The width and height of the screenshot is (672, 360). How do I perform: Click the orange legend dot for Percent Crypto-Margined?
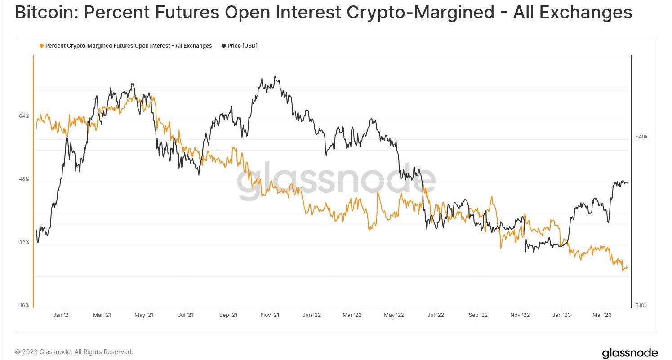pos(42,46)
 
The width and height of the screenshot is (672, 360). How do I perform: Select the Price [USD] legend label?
pos(242,46)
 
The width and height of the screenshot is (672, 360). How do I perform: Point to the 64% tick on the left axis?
pos(24,116)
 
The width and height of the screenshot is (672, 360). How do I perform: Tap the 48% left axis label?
pos(24,179)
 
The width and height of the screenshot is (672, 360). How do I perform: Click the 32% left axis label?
pos(24,242)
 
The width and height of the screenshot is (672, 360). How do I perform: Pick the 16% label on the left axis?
pos(24,306)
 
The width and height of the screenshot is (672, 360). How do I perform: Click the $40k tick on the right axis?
pos(641,137)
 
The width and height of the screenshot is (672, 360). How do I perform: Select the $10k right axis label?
pos(641,306)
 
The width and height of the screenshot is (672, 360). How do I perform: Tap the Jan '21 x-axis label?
pos(62,315)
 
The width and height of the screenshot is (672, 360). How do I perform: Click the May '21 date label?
pos(144,315)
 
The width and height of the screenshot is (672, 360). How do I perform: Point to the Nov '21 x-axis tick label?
pos(270,315)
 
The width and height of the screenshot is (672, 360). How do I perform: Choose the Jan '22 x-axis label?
pos(312,315)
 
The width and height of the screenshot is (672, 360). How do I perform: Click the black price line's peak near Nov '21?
pos(275,76)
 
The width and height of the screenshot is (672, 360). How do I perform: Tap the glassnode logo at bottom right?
pos(630,353)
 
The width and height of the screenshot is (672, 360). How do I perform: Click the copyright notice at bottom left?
pos(74,352)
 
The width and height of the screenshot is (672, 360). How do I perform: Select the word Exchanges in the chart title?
pos(586,13)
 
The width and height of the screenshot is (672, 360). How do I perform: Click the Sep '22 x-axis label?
pos(477,315)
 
